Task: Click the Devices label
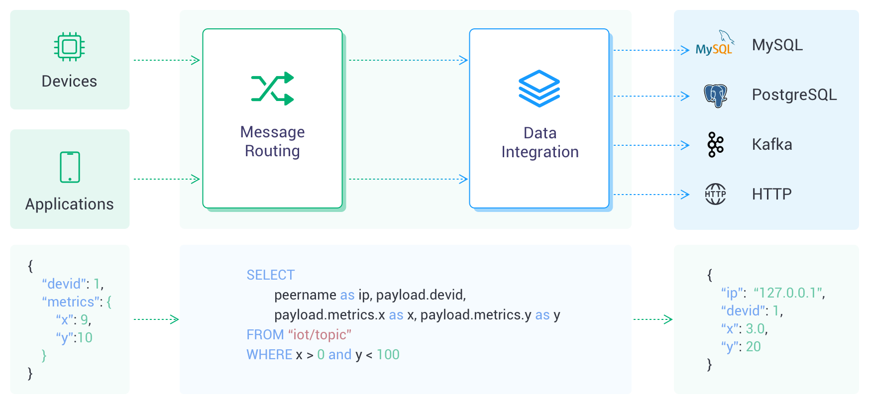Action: [69, 81]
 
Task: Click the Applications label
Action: [69, 204]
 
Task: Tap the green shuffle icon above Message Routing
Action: [272, 89]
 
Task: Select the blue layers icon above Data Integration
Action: [540, 89]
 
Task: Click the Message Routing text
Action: [272, 141]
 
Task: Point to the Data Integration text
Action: [540, 142]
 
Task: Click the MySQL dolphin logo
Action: [715, 43]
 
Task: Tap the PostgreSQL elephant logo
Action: [716, 95]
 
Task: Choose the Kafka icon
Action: [716, 145]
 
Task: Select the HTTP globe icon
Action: [716, 194]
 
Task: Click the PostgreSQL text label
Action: [794, 95]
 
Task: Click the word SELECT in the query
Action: [271, 275]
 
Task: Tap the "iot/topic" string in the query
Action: [320, 335]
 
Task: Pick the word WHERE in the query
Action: [269, 355]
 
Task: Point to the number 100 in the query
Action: [388, 355]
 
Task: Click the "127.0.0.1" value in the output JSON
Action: [789, 293]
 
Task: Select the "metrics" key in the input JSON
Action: [71, 302]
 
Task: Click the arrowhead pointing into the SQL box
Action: [175, 319]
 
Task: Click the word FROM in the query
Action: [265, 335]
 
